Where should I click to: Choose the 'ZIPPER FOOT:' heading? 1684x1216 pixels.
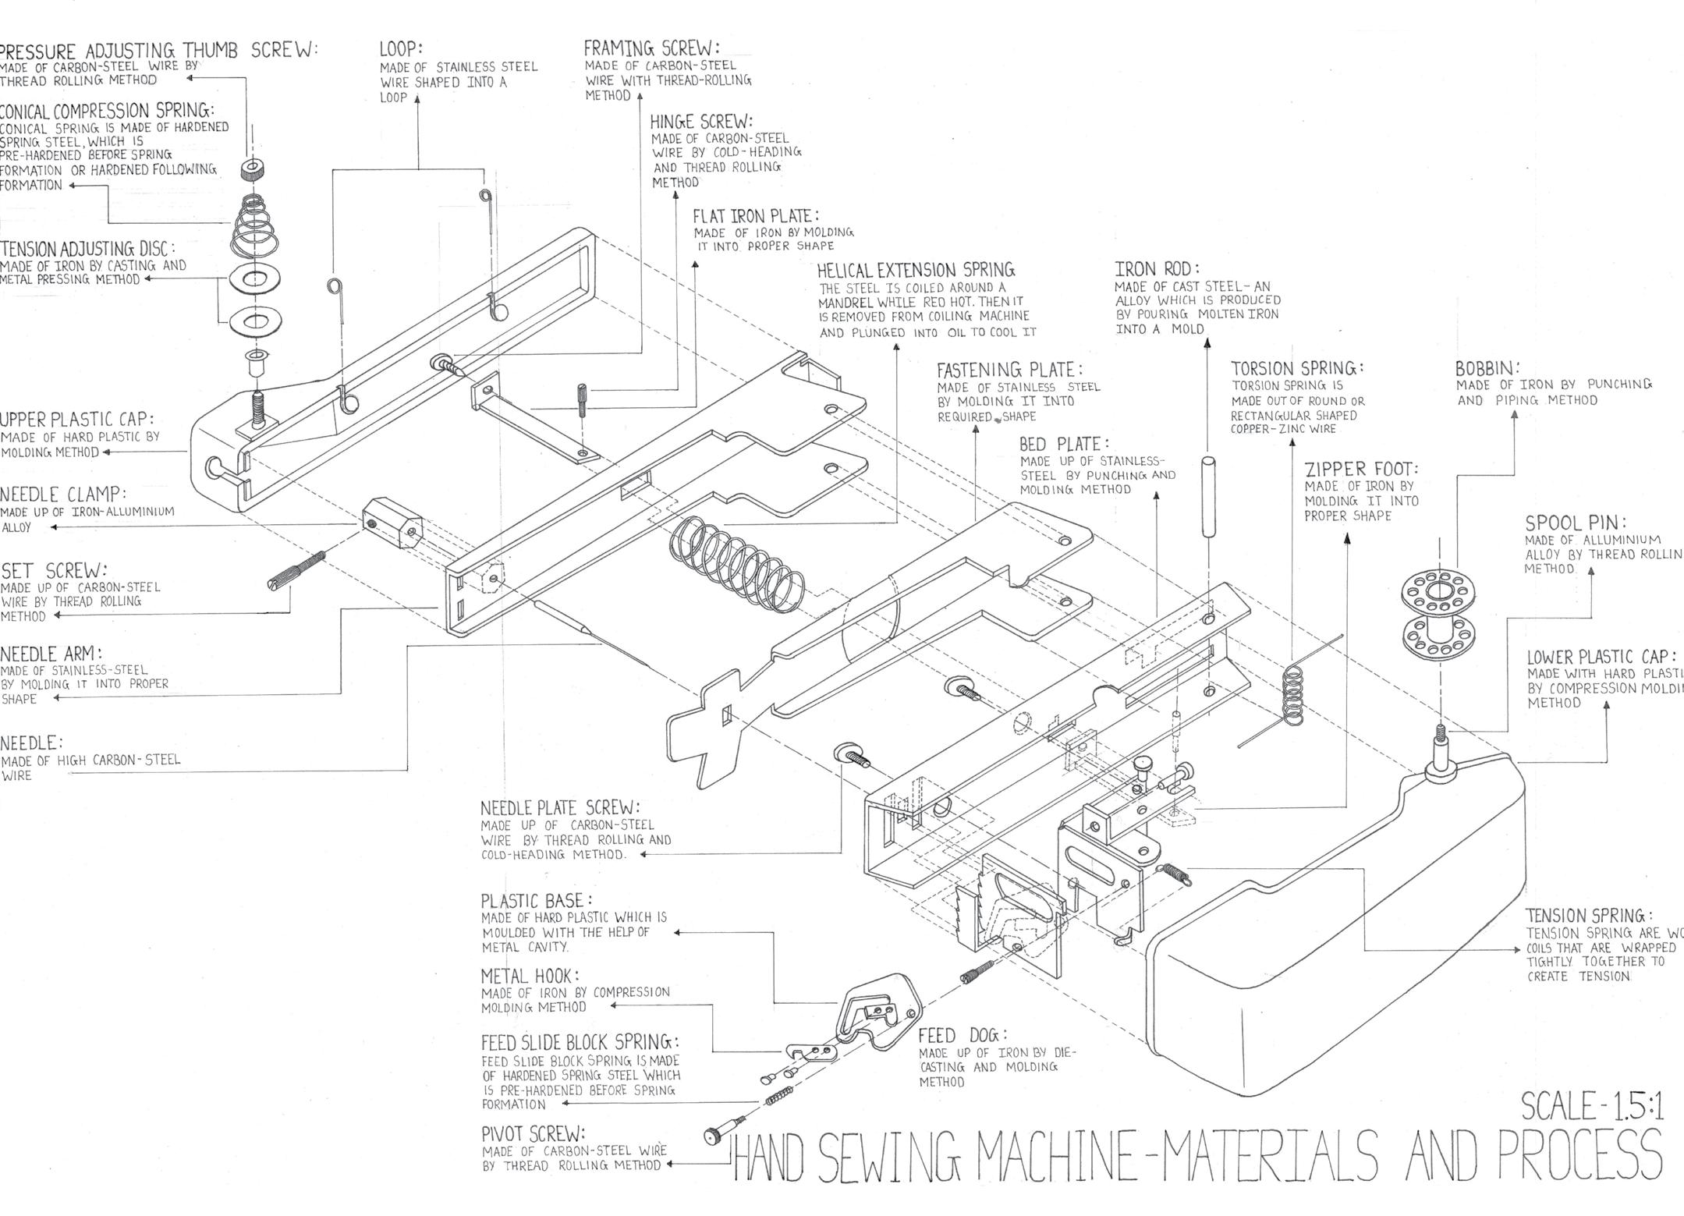[1361, 470]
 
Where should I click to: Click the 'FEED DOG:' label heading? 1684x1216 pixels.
[963, 1035]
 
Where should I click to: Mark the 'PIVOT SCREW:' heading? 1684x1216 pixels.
[533, 1133]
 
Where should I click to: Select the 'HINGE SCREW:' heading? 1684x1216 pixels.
[701, 122]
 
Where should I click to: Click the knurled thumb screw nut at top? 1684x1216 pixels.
[251, 168]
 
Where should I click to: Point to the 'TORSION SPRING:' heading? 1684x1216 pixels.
[1297, 368]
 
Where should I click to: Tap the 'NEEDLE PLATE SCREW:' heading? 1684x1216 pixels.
[560, 807]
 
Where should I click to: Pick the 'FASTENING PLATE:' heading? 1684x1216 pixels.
[1009, 369]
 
